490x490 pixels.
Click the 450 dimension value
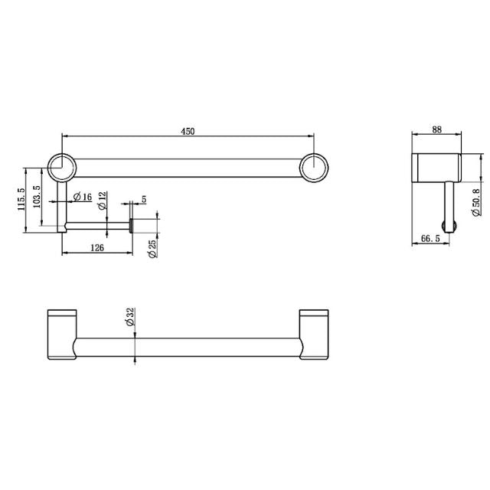(x=188, y=131)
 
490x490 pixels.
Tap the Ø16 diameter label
(x=83, y=198)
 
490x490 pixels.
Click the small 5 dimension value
(x=143, y=200)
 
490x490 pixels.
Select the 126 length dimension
(x=97, y=247)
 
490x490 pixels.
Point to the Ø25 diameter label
(x=152, y=249)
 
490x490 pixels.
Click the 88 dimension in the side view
(x=437, y=131)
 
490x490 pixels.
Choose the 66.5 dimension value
(x=430, y=240)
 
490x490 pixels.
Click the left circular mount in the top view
(x=61, y=168)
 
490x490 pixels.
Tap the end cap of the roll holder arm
(x=131, y=225)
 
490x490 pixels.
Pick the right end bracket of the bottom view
(x=314, y=334)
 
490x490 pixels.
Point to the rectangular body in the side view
(x=436, y=168)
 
